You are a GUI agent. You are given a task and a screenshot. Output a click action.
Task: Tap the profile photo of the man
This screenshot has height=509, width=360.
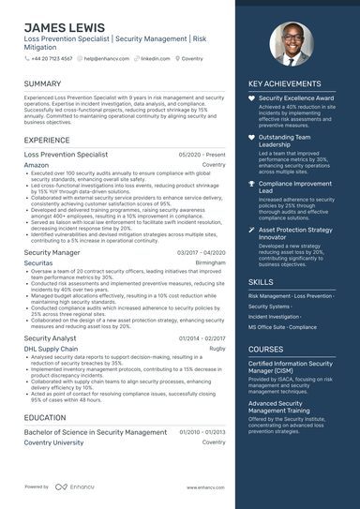(292, 45)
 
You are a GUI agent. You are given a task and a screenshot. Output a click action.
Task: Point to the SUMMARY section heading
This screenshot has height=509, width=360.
(43, 83)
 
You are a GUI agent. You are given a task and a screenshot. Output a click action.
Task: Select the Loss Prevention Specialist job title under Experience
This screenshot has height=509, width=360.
(66, 154)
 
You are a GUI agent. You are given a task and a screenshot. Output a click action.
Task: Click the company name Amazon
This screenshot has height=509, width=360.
(37, 164)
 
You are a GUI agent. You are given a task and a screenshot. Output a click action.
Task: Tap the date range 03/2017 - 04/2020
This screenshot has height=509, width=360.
(202, 253)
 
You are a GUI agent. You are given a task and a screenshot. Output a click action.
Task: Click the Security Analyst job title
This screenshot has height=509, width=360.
(51, 337)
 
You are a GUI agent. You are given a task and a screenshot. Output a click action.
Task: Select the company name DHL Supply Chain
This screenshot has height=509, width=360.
(51, 348)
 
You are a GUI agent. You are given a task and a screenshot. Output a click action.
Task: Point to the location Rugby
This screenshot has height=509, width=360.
(217, 348)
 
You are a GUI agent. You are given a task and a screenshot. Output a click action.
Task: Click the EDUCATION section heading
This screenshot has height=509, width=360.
(45, 417)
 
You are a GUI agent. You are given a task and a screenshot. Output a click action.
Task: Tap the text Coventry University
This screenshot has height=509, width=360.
(53, 442)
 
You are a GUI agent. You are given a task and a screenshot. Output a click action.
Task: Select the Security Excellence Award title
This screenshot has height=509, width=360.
(295, 97)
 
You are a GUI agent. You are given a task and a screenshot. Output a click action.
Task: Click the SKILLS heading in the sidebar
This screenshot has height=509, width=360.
(262, 281)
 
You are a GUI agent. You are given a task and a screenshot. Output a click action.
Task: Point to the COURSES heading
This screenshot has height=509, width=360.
(266, 349)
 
